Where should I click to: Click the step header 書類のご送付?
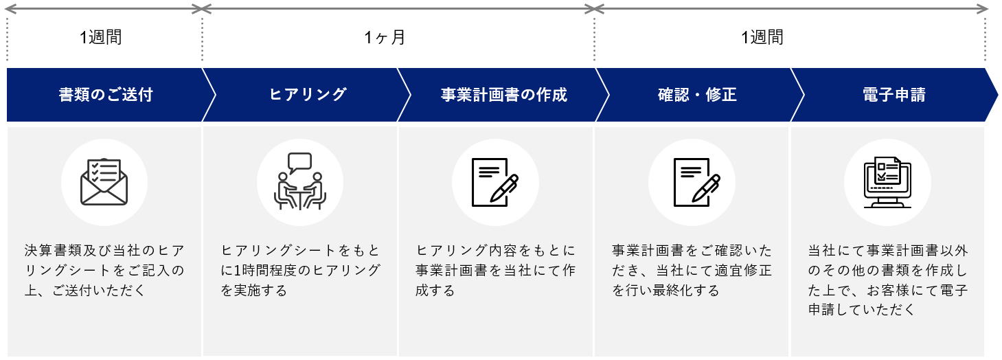coord(105,95)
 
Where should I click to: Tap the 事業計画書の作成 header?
coord(503,95)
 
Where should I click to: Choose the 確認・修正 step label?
coord(697,95)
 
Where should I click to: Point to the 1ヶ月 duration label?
coord(385,37)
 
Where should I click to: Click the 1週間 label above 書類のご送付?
coord(100,37)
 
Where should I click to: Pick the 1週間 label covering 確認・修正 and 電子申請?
coord(762,37)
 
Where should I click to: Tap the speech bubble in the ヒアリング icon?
coord(300,162)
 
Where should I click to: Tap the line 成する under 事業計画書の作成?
coord(435,291)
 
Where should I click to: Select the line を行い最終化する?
coord(665,291)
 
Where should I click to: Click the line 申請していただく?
coord(862,310)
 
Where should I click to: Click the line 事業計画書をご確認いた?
coord(692,250)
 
